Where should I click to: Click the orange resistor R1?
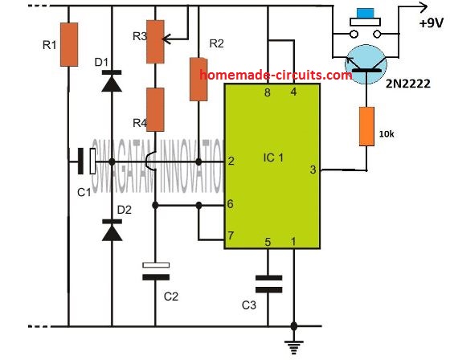[69, 44]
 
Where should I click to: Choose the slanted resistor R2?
[197, 79]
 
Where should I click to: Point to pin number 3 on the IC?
[312, 170]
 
